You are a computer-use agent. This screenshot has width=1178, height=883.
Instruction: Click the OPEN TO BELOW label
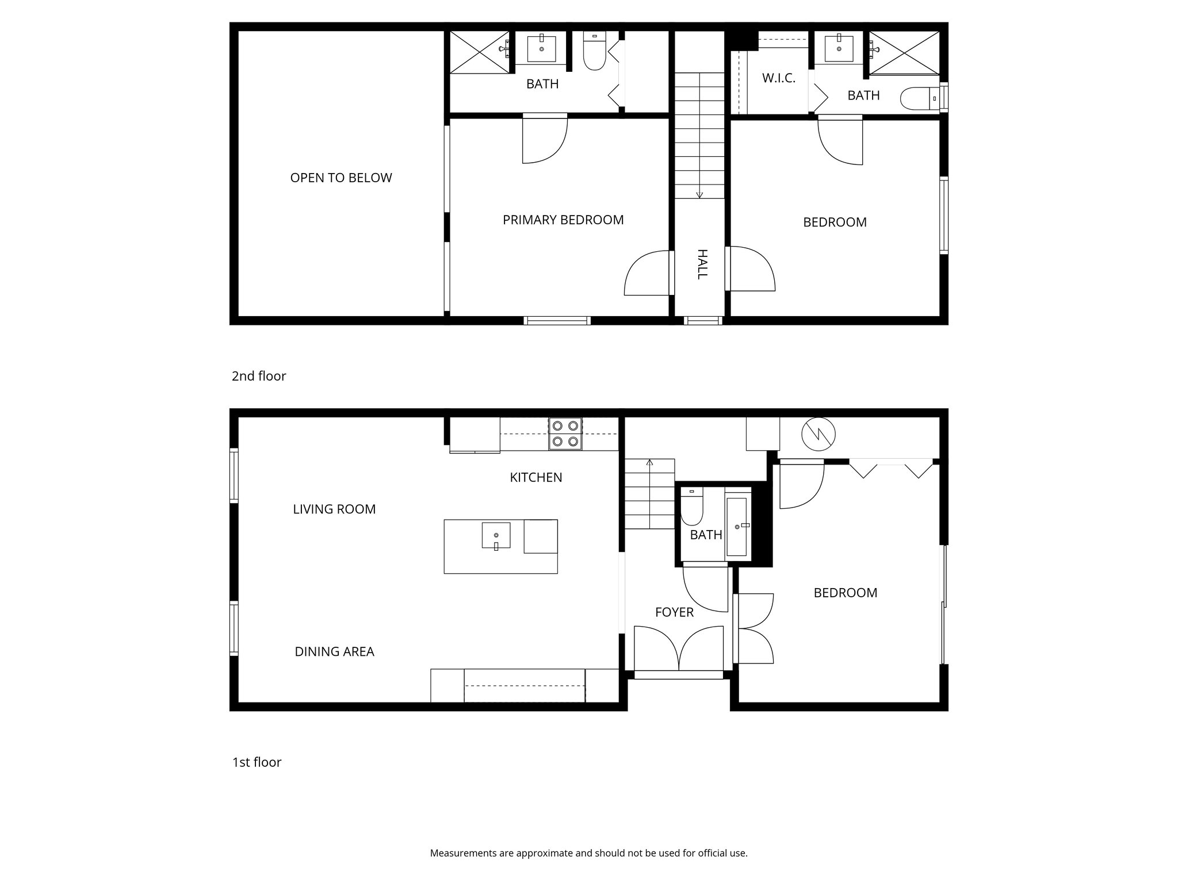click(341, 178)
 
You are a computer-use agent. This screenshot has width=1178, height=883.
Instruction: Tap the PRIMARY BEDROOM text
click(563, 220)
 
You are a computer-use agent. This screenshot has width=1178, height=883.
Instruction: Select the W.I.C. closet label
click(778, 78)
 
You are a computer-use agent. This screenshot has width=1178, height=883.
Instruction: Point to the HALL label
click(701, 264)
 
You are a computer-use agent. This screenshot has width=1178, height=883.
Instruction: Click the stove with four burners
click(565, 433)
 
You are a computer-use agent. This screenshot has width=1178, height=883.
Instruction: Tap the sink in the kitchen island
click(496, 535)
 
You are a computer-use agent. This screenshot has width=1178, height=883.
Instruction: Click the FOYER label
click(674, 612)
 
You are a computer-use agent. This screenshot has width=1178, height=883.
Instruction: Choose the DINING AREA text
click(334, 651)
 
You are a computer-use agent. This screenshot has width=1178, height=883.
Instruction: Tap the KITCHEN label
click(536, 477)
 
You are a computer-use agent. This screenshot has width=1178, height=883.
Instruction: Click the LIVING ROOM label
click(334, 509)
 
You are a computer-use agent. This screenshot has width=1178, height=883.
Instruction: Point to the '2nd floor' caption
click(258, 376)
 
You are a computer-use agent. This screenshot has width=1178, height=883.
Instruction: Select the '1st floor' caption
click(257, 762)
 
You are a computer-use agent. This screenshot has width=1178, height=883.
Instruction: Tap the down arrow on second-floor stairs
click(699, 194)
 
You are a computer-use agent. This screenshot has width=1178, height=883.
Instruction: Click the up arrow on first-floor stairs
click(650, 462)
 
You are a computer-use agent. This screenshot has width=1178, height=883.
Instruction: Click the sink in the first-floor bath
click(737, 527)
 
